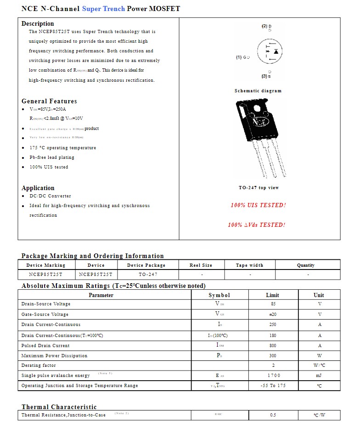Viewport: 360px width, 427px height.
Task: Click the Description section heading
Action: [38, 23]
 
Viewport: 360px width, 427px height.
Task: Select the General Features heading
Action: [49, 101]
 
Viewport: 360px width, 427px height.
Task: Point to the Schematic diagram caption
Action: [258, 91]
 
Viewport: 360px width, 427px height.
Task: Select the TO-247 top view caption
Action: [259, 188]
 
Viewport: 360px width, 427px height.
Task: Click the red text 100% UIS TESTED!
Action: [258, 205]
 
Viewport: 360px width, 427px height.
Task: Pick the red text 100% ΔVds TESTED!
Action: [257, 225]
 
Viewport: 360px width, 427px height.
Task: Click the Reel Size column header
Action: [201, 265]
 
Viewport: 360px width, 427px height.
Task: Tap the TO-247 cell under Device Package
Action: [148, 275]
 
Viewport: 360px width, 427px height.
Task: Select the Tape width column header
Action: [250, 265]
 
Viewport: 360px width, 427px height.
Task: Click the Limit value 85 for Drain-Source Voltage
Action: [273, 304]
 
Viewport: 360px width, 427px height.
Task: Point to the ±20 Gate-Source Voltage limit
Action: [273, 315]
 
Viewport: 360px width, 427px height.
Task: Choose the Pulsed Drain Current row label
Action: [45, 346]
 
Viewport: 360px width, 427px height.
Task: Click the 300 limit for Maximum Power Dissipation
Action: [273, 356]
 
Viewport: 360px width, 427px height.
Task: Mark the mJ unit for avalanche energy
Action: [319, 376]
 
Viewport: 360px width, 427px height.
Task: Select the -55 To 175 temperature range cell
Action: [273, 386]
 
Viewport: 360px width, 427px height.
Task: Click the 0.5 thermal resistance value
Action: [273, 415]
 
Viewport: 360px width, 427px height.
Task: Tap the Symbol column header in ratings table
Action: [219, 295]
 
